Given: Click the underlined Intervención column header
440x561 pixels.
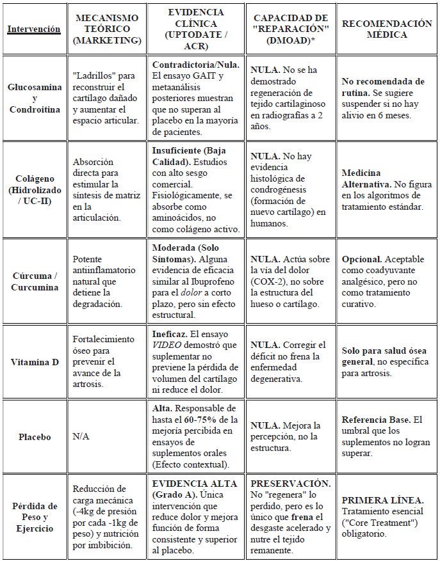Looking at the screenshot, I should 34,29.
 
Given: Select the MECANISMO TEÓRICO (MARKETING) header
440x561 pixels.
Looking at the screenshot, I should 108,29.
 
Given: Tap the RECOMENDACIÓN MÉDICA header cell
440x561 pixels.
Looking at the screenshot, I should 387,29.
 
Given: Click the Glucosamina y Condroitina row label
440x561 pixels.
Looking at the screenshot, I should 34,99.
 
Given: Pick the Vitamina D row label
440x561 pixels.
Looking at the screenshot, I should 34,361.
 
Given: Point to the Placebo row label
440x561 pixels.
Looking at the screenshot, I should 34,437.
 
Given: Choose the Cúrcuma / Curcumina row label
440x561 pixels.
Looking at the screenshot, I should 34,281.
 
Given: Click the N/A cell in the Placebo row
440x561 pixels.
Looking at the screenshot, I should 81,437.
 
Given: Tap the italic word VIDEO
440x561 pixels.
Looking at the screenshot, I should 167,345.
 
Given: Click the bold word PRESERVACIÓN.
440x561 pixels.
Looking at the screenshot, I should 290,484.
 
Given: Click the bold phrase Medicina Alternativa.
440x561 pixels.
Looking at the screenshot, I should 362,178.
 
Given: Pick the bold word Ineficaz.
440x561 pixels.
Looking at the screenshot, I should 170,334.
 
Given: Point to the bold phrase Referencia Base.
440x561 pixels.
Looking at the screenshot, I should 375,420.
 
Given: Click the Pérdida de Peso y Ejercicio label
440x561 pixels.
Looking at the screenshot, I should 34,518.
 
